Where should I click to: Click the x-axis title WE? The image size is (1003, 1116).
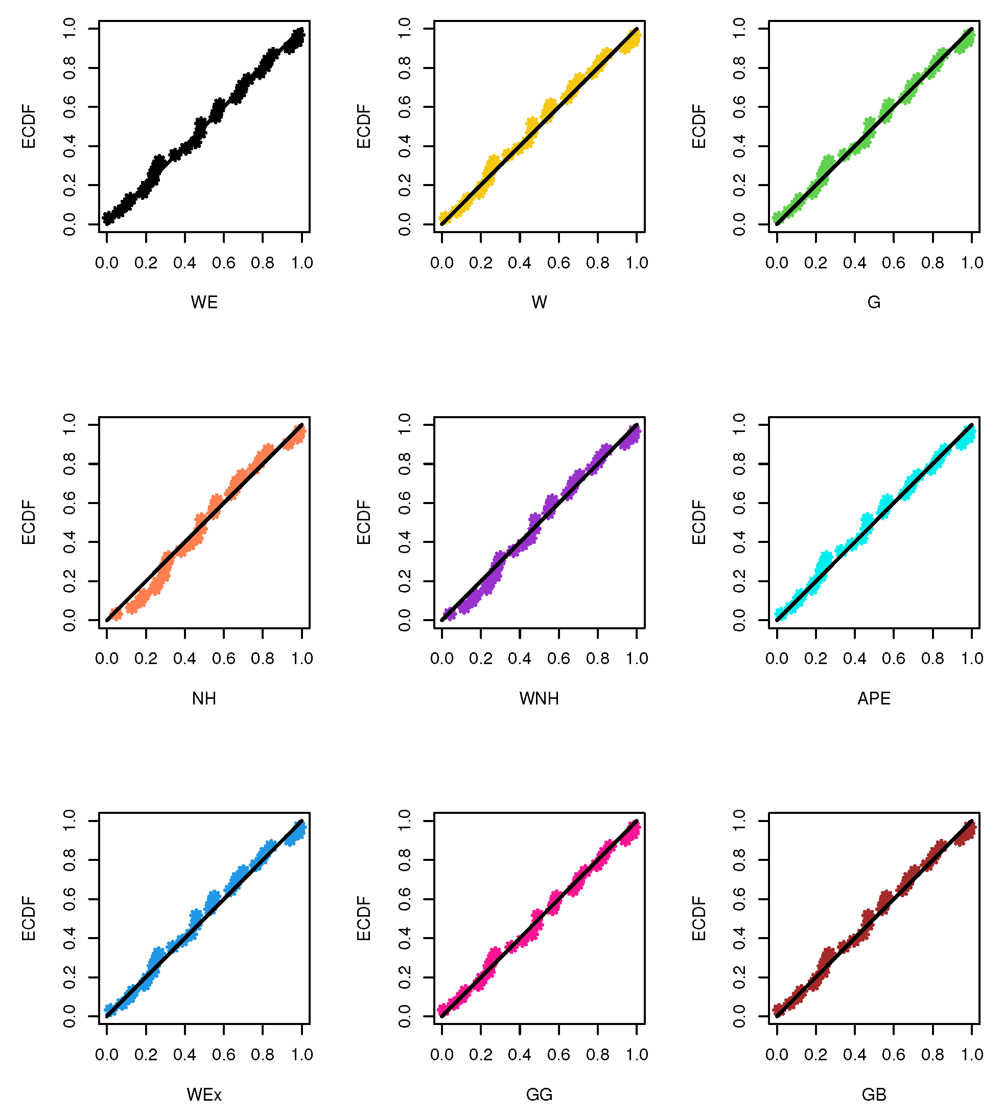point(204,302)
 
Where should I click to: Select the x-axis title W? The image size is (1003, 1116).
point(539,302)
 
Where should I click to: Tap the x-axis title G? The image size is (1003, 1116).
point(874,302)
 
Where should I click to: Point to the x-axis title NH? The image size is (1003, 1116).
point(204,699)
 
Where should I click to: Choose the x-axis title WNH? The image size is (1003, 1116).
point(539,699)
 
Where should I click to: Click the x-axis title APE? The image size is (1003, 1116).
point(874,699)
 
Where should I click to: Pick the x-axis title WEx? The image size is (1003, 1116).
point(204,1095)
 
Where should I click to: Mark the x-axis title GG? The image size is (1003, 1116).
point(539,1095)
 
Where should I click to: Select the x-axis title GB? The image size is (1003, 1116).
point(874,1095)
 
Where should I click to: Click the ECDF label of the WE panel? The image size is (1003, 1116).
point(29,126)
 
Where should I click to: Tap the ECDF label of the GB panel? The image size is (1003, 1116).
point(699,919)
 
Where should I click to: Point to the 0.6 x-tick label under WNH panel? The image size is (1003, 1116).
point(559,658)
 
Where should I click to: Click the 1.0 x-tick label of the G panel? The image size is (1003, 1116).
point(972,262)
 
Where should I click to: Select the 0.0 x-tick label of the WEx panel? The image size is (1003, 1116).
point(107,1055)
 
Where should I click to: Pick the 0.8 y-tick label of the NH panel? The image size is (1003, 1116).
point(69,464)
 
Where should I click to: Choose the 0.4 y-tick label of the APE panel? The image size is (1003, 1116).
point(739,542)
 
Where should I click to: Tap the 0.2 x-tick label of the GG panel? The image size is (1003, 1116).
point(481,1055)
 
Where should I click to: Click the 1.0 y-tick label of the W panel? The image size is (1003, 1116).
point(405,28)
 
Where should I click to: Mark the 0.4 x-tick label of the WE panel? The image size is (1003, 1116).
point(184,262)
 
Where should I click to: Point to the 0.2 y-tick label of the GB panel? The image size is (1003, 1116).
point(739,977)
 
